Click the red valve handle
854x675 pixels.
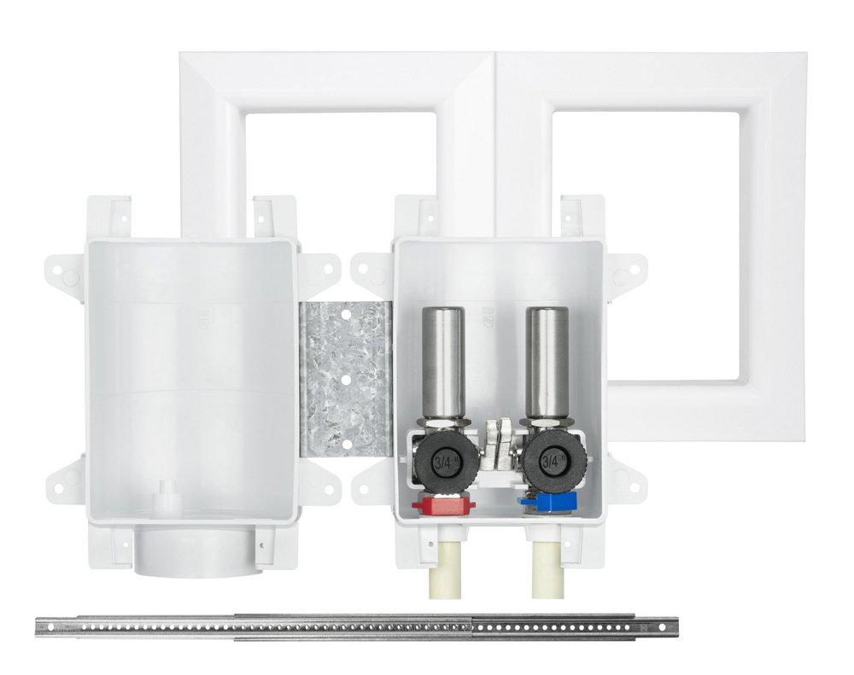click(x=436, y=505)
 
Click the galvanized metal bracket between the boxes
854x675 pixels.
click(x=346, y=375)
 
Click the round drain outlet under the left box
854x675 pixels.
click(x=192, y=550)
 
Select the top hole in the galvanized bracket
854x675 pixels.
click(x=348, y=314)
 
